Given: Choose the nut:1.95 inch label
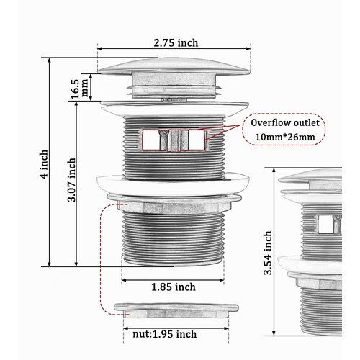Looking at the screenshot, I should click(164, 333).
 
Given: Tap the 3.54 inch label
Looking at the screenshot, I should click(268, 253).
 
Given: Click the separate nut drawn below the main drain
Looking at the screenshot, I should click(174, 310).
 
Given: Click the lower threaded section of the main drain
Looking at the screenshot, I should click(174, 241).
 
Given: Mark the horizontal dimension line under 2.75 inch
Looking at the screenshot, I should click(174, 51).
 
